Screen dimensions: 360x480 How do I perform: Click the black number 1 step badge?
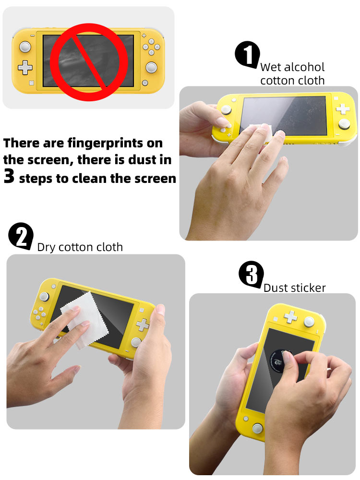[x=247, y=55]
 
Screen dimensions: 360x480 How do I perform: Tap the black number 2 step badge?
[x=21, y=236]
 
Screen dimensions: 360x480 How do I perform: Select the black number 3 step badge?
[x=251, y=275]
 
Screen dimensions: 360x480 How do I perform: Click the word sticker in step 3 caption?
[x=308, y=288]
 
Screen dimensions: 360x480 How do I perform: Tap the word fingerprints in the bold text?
[x=106, y=144]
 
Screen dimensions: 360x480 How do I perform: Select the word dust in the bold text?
[x=142, y=160]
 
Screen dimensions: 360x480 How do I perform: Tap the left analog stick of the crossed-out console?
[x=25, y=47]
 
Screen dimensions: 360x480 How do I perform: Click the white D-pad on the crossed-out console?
[x=25, y=68]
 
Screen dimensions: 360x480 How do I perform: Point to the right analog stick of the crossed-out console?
[x=151, y=67]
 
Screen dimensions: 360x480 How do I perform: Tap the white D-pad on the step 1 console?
[x=343, y=108]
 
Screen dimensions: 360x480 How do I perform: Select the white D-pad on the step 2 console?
[x=143, y=324]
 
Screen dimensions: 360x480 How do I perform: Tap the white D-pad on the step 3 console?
[x=290, y=317]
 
